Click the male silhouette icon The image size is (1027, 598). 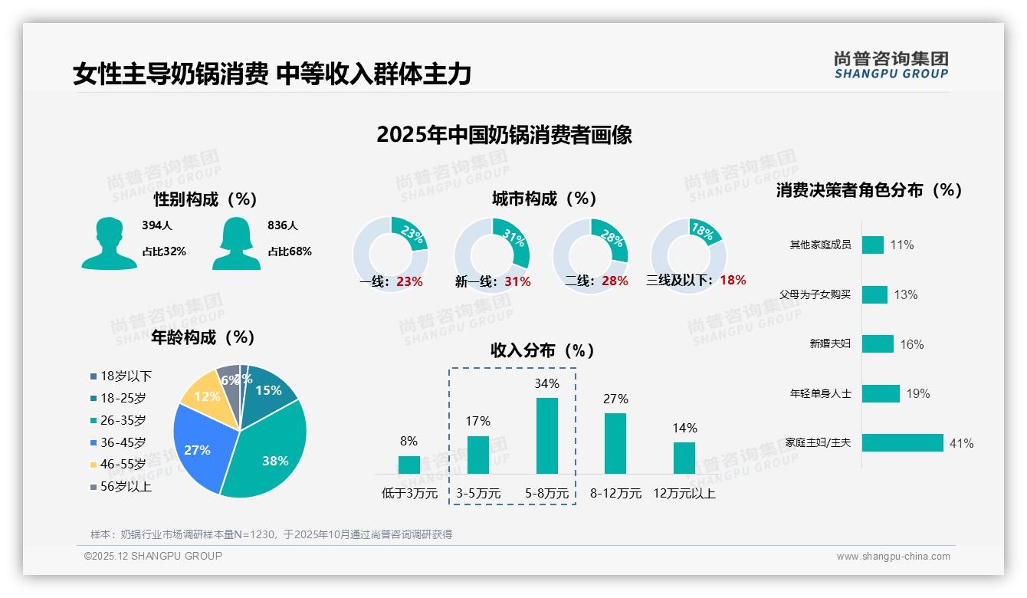tap(109, 244)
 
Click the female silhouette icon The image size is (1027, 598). tap(236, 244)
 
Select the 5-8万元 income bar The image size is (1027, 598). tap(546, 435)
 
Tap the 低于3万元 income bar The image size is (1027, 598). tap(409, 465)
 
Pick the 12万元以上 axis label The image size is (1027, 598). tap(684, 494)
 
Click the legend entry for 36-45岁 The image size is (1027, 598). tap(122, 442)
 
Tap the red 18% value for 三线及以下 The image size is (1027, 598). tap(733, 280)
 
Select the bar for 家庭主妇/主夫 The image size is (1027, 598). tap(902, 443)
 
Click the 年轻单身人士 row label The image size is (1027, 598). tap(820, 393)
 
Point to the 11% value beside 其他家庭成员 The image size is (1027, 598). tap(901, 245)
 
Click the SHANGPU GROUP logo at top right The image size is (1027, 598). tap(891, 65)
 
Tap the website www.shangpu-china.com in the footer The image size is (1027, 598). tap(893, 557)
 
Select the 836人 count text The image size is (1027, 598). tap(283, 225)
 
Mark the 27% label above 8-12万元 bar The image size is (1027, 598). tap(615, 399)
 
